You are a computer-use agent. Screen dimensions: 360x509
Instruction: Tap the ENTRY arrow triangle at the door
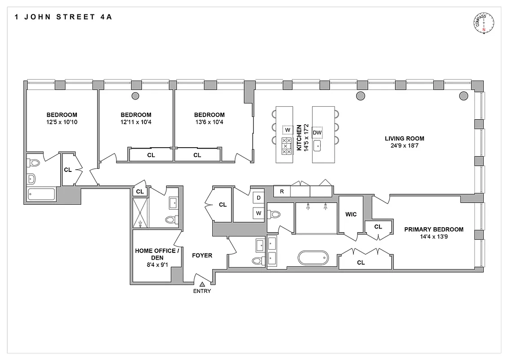[x=202, y=284]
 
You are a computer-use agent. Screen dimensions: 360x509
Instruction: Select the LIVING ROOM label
[x=404, y=139]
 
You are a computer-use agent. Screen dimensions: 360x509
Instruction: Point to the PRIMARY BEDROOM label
[x=433, y=229]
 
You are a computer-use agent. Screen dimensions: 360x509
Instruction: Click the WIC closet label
[x=351, y=214]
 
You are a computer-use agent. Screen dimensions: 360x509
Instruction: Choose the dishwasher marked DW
[x=317, y=132]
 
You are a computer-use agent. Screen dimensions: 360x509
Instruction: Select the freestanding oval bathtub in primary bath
[x=313, y=258]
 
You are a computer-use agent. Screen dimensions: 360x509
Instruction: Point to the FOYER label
[x=202, y=256]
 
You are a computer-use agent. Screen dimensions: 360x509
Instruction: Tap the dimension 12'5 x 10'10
[x=61, y=122]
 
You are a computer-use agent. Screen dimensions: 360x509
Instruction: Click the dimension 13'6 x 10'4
[x=210, y=122]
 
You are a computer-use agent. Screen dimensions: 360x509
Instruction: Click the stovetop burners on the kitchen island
[x=286, y=146]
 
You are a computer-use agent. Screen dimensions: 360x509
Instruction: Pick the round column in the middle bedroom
[x=135, y=95]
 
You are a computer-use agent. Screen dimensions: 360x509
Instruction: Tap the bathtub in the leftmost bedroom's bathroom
[x=41, y=194]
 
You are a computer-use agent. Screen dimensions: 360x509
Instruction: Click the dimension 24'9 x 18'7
[x=404, y=146]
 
